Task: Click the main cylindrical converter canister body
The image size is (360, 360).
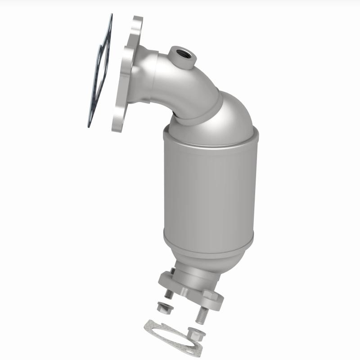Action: (209, 189)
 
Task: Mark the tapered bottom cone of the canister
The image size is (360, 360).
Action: (205, 250)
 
